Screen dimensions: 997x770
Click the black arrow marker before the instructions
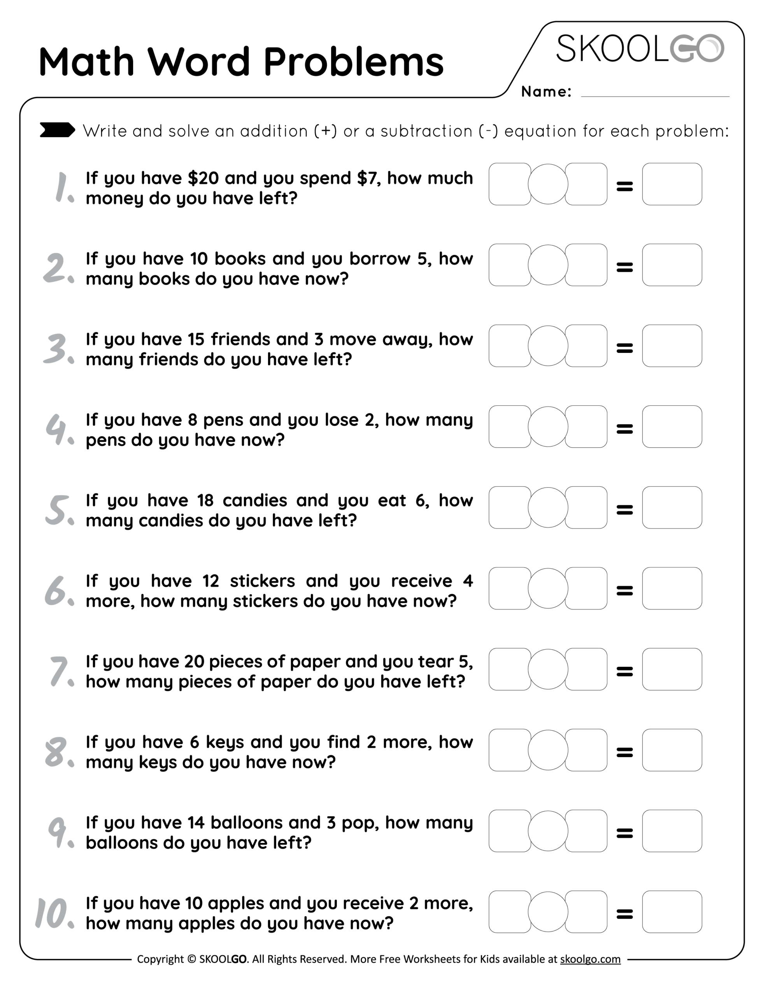57,130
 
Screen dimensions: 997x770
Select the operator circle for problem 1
547,184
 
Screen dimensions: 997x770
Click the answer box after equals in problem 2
672,265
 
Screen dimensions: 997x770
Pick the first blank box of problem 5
510,507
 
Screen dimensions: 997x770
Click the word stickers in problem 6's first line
262,581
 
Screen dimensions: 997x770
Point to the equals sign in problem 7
624,671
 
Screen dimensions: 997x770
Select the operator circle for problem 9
547,831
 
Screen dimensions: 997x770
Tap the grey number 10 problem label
54,913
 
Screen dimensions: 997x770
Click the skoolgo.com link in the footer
590,959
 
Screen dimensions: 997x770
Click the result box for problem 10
672,912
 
